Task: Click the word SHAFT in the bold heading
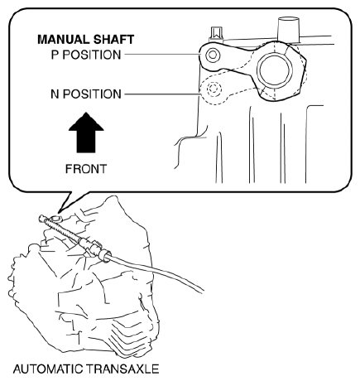[x=113, y=40]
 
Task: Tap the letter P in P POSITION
[x=55, y=55]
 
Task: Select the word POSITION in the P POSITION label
[x=92, y=55]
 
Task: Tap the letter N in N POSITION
[x=55, y=94]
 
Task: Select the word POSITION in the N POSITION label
[x=92, y=94]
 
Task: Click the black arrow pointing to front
[x=86, y=133]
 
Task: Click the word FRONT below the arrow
[x=86, y=169]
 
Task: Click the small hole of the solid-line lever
[x=213, y=55]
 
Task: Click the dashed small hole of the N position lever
[x=214, y=89]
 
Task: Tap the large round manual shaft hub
[x=274, y=69]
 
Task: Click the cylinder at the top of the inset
[x=288, y=28]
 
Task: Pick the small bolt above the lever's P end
[x=216, y=34]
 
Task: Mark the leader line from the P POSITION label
[x=162, y=54]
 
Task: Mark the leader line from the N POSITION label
[x=162, y=94]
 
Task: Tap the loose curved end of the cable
[x=203, y=291]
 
